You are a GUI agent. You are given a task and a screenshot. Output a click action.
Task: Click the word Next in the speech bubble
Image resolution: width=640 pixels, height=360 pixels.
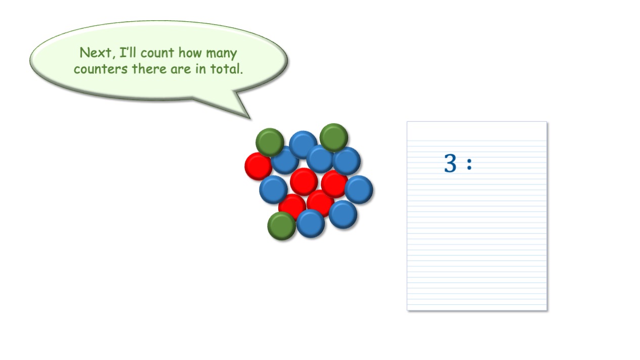[96, 53]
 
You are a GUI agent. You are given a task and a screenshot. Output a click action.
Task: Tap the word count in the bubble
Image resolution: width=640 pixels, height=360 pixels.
[157, 53]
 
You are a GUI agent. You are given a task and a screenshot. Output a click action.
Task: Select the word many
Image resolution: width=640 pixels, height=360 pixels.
[222, 54]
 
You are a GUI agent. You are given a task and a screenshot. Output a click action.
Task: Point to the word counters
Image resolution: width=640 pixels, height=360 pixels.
[101, 69]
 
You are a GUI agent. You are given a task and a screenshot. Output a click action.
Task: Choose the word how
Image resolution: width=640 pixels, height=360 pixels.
[190, 53]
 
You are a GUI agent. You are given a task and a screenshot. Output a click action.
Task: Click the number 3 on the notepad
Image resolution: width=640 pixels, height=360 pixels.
[450, 163]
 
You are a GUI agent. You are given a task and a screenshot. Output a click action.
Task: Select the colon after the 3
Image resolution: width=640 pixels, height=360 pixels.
[469, 164]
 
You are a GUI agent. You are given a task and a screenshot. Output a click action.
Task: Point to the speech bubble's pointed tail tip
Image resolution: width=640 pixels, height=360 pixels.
[250, 118]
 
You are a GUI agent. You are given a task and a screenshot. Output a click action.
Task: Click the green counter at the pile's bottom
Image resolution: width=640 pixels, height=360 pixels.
[281, 226]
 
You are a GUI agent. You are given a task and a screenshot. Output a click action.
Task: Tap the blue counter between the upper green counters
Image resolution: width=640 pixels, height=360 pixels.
[303, 145]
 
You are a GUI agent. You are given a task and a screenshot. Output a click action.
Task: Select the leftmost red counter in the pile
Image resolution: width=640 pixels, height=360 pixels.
[258, 166]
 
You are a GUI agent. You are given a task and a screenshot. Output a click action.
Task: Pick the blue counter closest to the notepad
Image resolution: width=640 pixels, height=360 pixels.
[359, 190]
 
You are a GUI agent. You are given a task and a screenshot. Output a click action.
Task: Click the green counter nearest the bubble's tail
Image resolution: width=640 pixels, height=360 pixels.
[270, 142]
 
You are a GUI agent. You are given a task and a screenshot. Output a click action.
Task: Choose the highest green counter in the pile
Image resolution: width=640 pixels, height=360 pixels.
[334, 138]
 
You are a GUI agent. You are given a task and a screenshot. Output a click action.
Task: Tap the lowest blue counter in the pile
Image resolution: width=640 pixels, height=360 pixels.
[310, 223]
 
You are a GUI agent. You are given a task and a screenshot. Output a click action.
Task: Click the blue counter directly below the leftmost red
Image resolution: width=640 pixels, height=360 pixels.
[273, 190]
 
